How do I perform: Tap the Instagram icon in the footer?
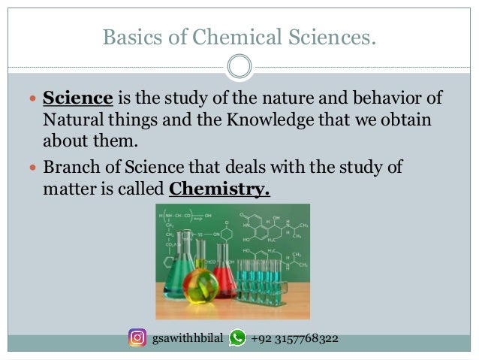tap(137, 338)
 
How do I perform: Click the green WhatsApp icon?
tap(237, 338)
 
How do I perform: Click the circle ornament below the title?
tap(239, 66)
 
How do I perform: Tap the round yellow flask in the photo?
tap(200, 285)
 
